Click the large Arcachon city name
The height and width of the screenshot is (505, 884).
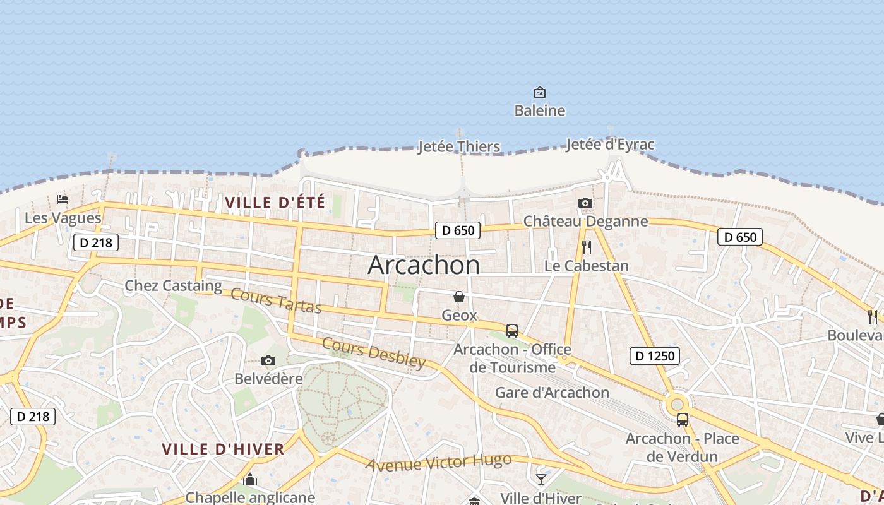coord(424,265)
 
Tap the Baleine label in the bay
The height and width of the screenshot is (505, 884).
coord(539,110)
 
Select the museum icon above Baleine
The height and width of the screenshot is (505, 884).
coord(540,92)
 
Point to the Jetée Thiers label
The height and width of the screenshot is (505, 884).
coord(459,147)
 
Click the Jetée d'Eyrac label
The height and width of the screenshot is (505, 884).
coord(610,145)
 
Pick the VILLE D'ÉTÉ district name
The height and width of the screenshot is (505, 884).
coord(275,203)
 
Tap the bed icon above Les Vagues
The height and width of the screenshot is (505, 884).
coord(63,199)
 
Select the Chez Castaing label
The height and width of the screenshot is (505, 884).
coord(173,285)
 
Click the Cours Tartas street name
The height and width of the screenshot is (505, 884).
coord(276,300)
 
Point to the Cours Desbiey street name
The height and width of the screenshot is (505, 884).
coord(374,352)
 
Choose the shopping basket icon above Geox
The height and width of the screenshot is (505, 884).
coord(459,297)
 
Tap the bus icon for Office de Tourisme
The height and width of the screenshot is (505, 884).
coord(512,331)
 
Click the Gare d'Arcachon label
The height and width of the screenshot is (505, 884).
coord(552,393)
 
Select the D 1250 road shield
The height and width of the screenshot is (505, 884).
coord(655,356)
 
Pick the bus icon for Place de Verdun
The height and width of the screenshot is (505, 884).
coord(682,420)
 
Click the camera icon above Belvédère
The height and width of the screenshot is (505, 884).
coord(268,361)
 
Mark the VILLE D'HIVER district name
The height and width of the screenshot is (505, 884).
coord(223,449)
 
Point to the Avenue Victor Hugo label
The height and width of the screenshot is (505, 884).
coord(439,463)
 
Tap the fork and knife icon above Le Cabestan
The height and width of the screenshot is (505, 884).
coord(587,247)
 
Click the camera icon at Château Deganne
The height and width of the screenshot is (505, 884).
coord(585,203)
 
